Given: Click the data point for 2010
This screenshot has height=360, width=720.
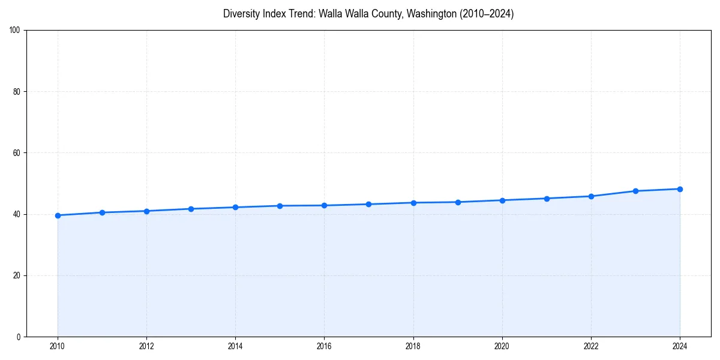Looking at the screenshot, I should coord(58,215).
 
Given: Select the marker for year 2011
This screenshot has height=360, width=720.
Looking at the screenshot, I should coord(102,212).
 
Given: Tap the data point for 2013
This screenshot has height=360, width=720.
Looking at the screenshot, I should coord(191,209).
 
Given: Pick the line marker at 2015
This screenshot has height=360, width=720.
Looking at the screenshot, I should coord(280,206).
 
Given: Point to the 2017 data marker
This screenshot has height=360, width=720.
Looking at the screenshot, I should coord(368,204).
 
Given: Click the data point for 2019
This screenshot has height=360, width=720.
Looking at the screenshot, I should coord(458,202).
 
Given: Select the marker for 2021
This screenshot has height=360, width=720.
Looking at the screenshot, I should coord(547,199).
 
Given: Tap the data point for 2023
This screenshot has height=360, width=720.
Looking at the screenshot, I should coord(635,191).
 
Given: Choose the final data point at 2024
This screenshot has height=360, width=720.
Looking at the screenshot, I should coord(680,189).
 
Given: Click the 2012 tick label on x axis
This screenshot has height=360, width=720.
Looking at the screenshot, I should coord(146,346).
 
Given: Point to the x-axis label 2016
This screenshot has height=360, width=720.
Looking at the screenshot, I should coord(324,346).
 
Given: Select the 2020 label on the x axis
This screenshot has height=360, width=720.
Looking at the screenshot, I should coord(502,346).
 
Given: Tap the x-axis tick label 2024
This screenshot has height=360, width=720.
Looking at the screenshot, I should coord(680,346).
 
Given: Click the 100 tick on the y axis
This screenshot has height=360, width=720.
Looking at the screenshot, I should coord(16,30).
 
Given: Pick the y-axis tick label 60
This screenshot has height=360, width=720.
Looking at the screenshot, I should coord(17,153).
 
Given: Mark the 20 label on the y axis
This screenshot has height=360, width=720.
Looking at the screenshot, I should coord(17,275).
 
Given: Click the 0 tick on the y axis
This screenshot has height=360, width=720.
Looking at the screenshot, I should coord(19,337).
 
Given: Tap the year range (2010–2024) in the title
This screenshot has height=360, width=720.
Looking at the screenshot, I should coord(487,14).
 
